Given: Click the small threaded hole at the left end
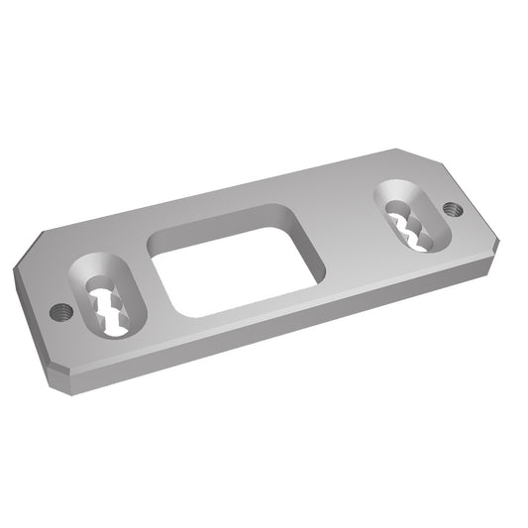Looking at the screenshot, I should (x=59, y=312).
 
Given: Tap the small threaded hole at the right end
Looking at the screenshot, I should (x=451, y=209).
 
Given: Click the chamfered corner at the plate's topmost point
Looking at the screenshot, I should (x=410, y=154).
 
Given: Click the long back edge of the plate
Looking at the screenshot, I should (x=218, y=192).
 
